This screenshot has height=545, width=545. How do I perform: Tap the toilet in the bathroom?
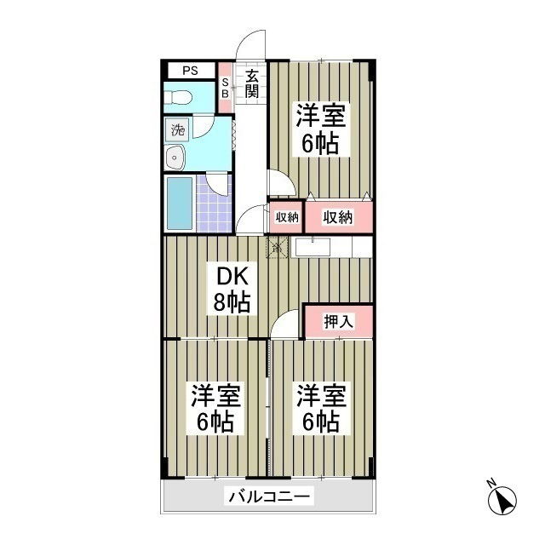tap(180, 98)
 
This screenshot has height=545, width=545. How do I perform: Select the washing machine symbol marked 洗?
tap(178, 131)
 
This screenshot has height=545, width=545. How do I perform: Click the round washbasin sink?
tap(177, 158)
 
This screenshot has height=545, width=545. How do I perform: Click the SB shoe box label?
tap(225, 88)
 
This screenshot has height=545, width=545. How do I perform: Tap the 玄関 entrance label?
tap(252, 83)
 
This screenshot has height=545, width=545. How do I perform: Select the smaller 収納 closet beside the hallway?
tap(286, 217)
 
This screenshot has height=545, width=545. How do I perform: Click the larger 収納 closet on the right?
tap(337, 217)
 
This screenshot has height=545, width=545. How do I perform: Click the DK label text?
tap(230, 277)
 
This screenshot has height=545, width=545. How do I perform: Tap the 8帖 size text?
tap(231, 301)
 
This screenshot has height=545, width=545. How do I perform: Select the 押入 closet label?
tap(338, 322)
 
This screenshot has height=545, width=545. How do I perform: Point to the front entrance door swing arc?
tap(249, 44)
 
